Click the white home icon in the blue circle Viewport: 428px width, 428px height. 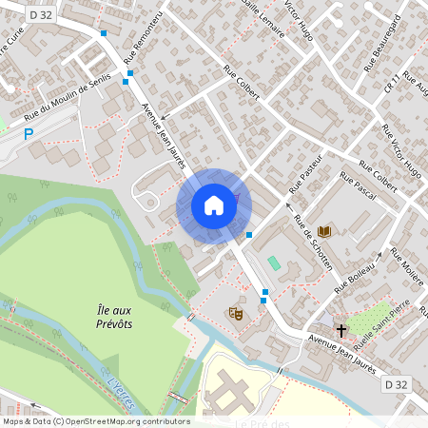[x=214, y=205]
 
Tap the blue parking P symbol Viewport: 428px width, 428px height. [x=29, y=135]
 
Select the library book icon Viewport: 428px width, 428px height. [x=324, y=231]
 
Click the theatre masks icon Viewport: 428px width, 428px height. [x=236, y=313]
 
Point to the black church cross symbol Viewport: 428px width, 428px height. [x=341, y=332]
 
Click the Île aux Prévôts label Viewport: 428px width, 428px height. [x=114, y=317]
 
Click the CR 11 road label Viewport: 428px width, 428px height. [x=390, y=81]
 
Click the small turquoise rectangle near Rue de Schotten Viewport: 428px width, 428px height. [x=275, y=262]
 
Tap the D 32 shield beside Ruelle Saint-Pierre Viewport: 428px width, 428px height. [x=398, y=383]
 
